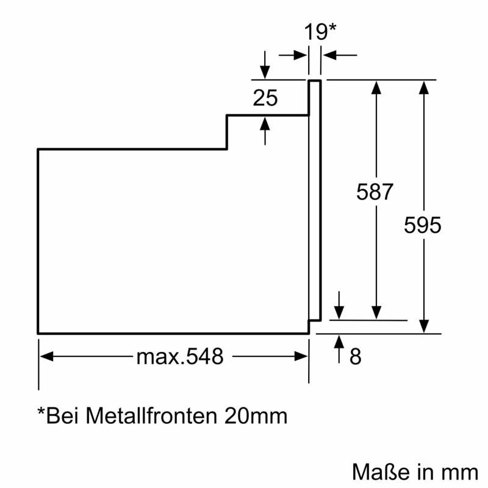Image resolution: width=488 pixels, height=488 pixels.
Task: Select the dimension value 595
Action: [x=422, y=225]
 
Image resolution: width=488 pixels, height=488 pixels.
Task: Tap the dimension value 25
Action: [x=265, y=98]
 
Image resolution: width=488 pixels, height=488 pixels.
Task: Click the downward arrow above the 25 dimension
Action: [x=265, y=73]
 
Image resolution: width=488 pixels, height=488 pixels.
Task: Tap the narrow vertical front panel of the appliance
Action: [x=314, y=199]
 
